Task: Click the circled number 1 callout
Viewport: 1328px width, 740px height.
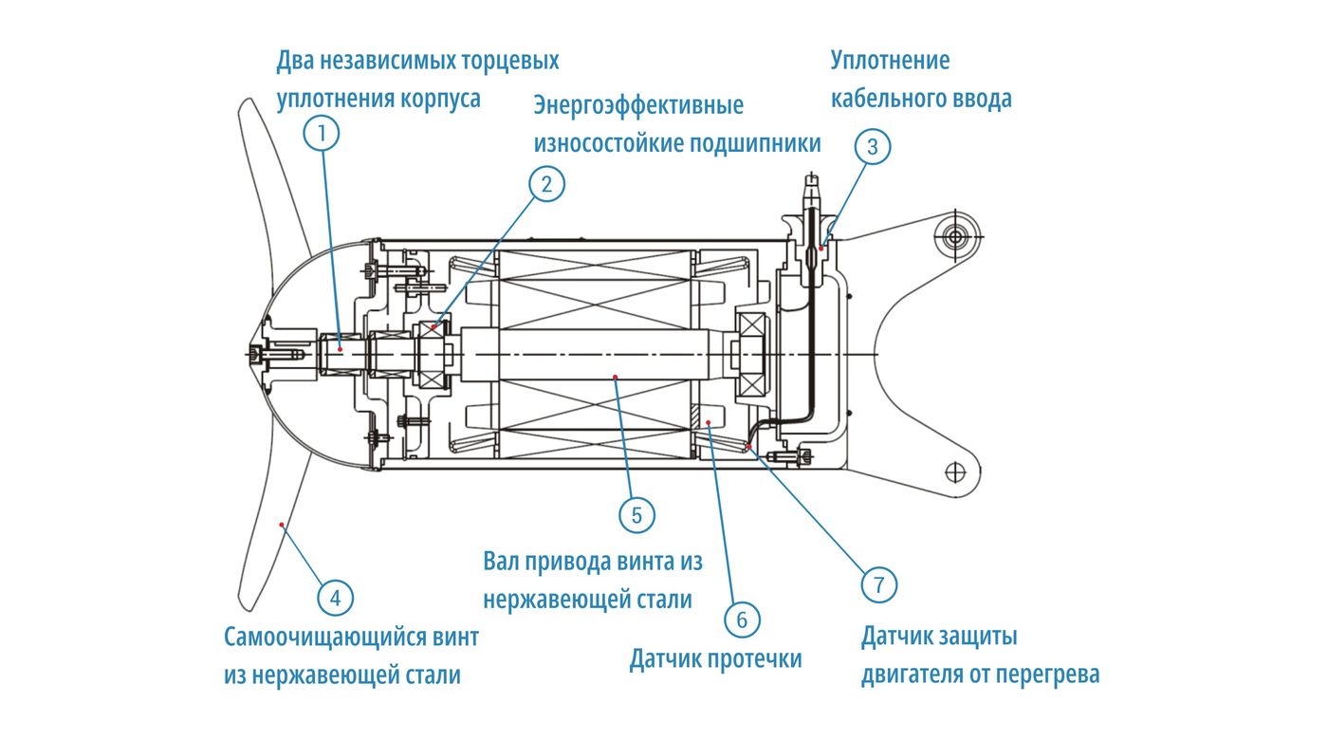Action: (x=322, y=134)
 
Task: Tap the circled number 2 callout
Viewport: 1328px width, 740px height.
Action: (x=546, y=184)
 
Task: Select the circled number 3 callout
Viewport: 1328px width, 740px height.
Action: (x=873, y=147)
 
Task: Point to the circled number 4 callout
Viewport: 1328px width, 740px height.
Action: (x=335, y=598)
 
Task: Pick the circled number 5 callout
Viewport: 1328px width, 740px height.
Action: (x=636, y=515)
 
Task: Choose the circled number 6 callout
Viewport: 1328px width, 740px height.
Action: (x=742, y=620)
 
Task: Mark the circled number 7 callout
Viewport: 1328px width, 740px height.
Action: (x=878, y=583)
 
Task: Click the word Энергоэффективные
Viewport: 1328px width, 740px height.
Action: (x=638, y=105)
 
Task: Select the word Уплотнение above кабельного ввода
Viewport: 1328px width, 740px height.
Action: (x=890, y=61)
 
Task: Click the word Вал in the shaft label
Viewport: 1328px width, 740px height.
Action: (x=503, y=562)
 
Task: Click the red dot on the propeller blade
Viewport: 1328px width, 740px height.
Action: (x=282, y=524)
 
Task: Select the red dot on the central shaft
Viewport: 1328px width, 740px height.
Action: (x=615, y=377)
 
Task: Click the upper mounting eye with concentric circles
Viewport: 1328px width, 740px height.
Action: (x=955, y=235)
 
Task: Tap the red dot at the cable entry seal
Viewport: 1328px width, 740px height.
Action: (x=821, y=248)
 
